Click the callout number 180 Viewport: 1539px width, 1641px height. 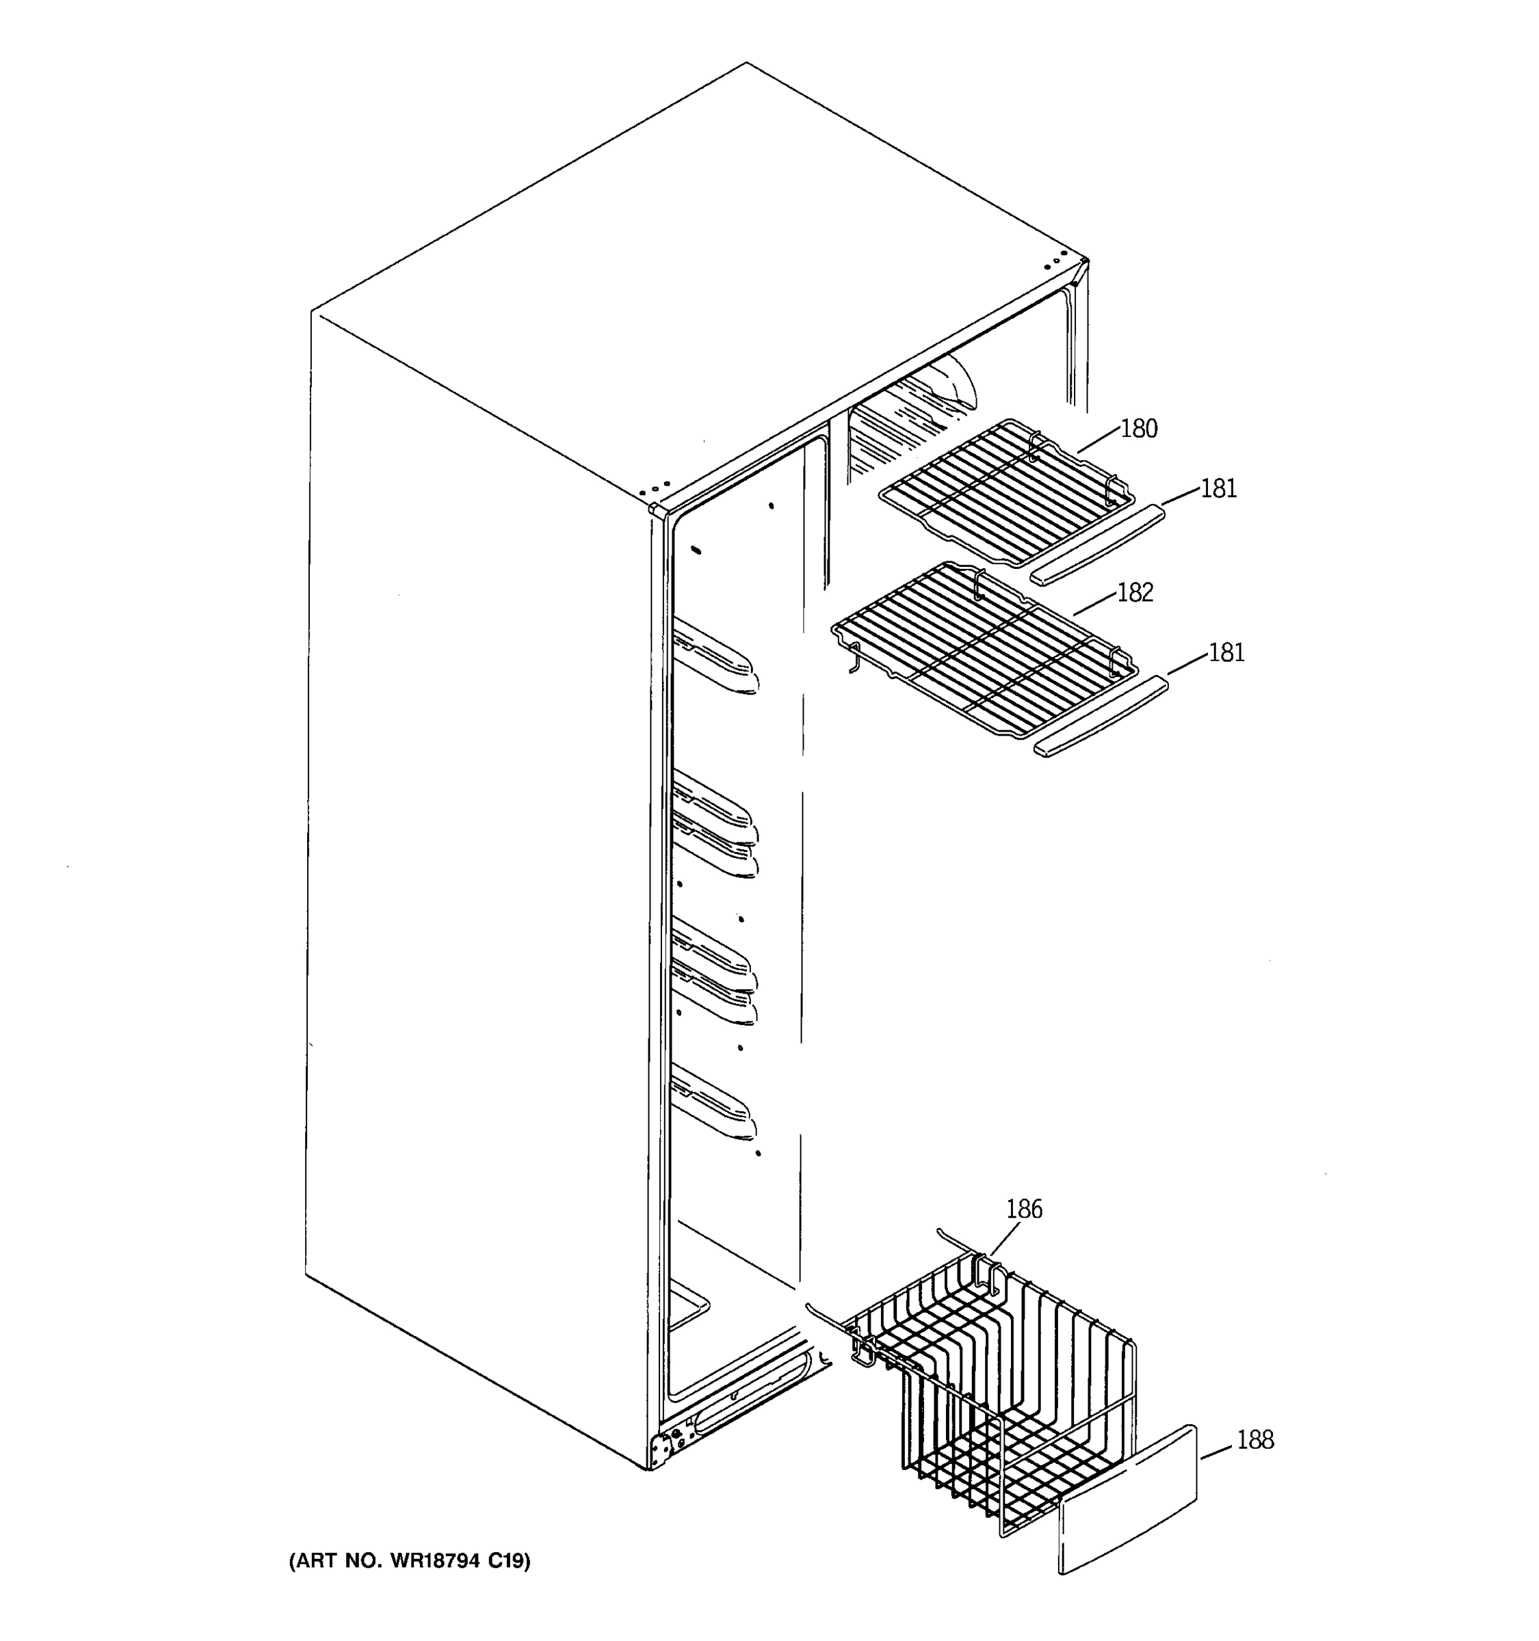point(1139,429)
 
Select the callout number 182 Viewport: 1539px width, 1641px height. point(1135,592)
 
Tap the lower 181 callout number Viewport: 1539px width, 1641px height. point(1226,653)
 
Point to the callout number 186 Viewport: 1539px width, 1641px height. point(1024,1210)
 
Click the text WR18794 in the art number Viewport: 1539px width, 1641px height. point(433,1560)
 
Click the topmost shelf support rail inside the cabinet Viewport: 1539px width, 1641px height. point(713,656)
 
